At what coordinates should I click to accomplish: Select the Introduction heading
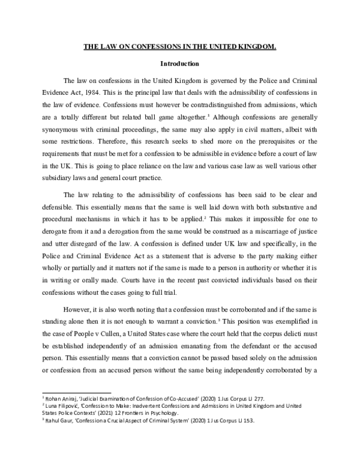pyautogui.click(x=179, y=63)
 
